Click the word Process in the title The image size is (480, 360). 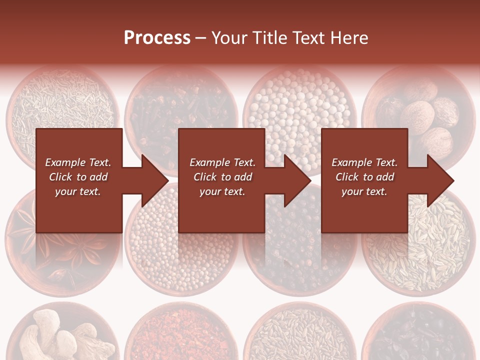[157, 37]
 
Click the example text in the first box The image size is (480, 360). [78, 177]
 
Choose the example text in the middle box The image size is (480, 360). [222, 177]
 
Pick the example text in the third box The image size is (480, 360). [364, 177]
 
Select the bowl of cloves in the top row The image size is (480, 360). [180, 100]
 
